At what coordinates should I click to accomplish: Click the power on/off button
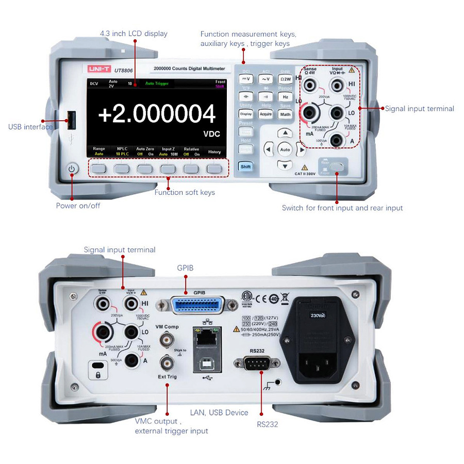[72, 169]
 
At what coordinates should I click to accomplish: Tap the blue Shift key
[245, 167]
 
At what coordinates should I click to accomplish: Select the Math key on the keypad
[285, 114]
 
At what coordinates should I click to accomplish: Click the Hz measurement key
[285, 97]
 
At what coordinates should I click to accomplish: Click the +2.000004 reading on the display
[156, 114]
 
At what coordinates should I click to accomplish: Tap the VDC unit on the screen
[211, 134]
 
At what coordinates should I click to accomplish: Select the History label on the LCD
[214, 152]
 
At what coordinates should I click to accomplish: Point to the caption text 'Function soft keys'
[185, 192]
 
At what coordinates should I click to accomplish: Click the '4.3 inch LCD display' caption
[134, 34]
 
